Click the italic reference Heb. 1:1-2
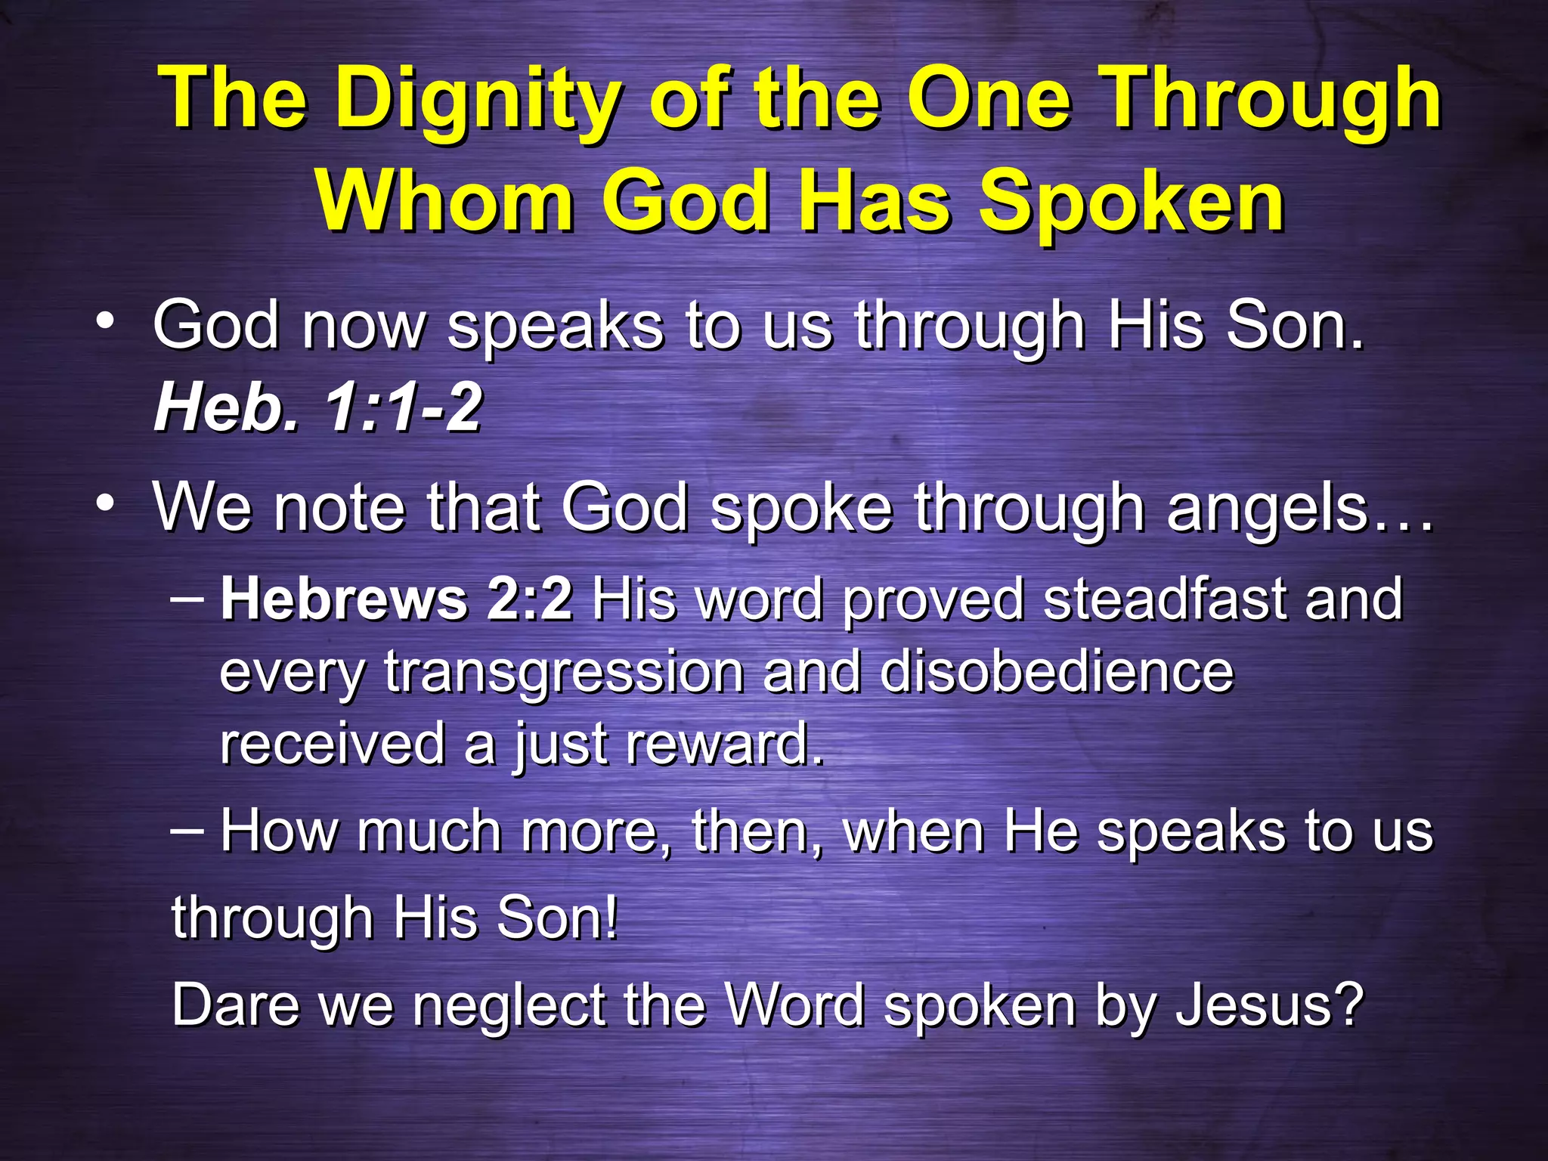[317, 409]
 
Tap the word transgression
[564, 673]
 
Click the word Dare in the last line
[235, 1005]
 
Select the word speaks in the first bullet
[556, 327]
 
